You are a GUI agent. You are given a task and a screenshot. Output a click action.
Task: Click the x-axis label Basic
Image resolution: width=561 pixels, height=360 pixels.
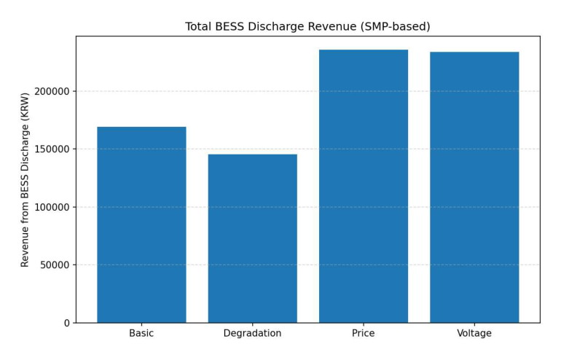141,334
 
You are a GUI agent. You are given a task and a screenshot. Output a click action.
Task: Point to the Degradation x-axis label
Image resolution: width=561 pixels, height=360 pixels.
252,334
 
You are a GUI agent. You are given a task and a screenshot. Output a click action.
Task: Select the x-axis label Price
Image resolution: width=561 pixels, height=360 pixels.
363,334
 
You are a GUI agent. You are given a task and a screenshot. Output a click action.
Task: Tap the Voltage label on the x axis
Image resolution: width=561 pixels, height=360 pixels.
474,334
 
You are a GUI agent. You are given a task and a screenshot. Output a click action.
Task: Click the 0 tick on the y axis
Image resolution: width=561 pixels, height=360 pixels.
66,323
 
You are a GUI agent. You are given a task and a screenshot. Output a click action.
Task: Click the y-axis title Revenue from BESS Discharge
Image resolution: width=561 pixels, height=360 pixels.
25,179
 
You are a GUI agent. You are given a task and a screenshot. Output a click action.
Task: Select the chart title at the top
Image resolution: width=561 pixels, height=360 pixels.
307,27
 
